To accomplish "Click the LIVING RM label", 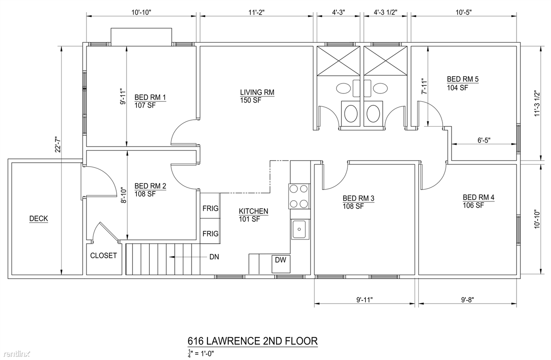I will coord(257,92).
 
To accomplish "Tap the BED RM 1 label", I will coord(150,97).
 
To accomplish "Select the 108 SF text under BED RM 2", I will coord(145,194).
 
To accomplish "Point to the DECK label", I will coord(38,219).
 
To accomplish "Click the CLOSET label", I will coord(103,255).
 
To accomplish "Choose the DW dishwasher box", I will coord(280,260).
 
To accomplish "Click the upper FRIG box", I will coord(210,208).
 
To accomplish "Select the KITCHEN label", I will coord(254,211).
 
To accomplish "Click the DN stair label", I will coord(214,257).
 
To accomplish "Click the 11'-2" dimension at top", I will coord(256,12).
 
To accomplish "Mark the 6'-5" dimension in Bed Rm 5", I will coord(484,140).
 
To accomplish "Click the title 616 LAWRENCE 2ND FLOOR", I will coord(253,341).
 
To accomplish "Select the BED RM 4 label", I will coord(478,197).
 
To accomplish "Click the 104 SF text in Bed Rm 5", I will coord(457,87).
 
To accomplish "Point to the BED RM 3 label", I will coord(358,198).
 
